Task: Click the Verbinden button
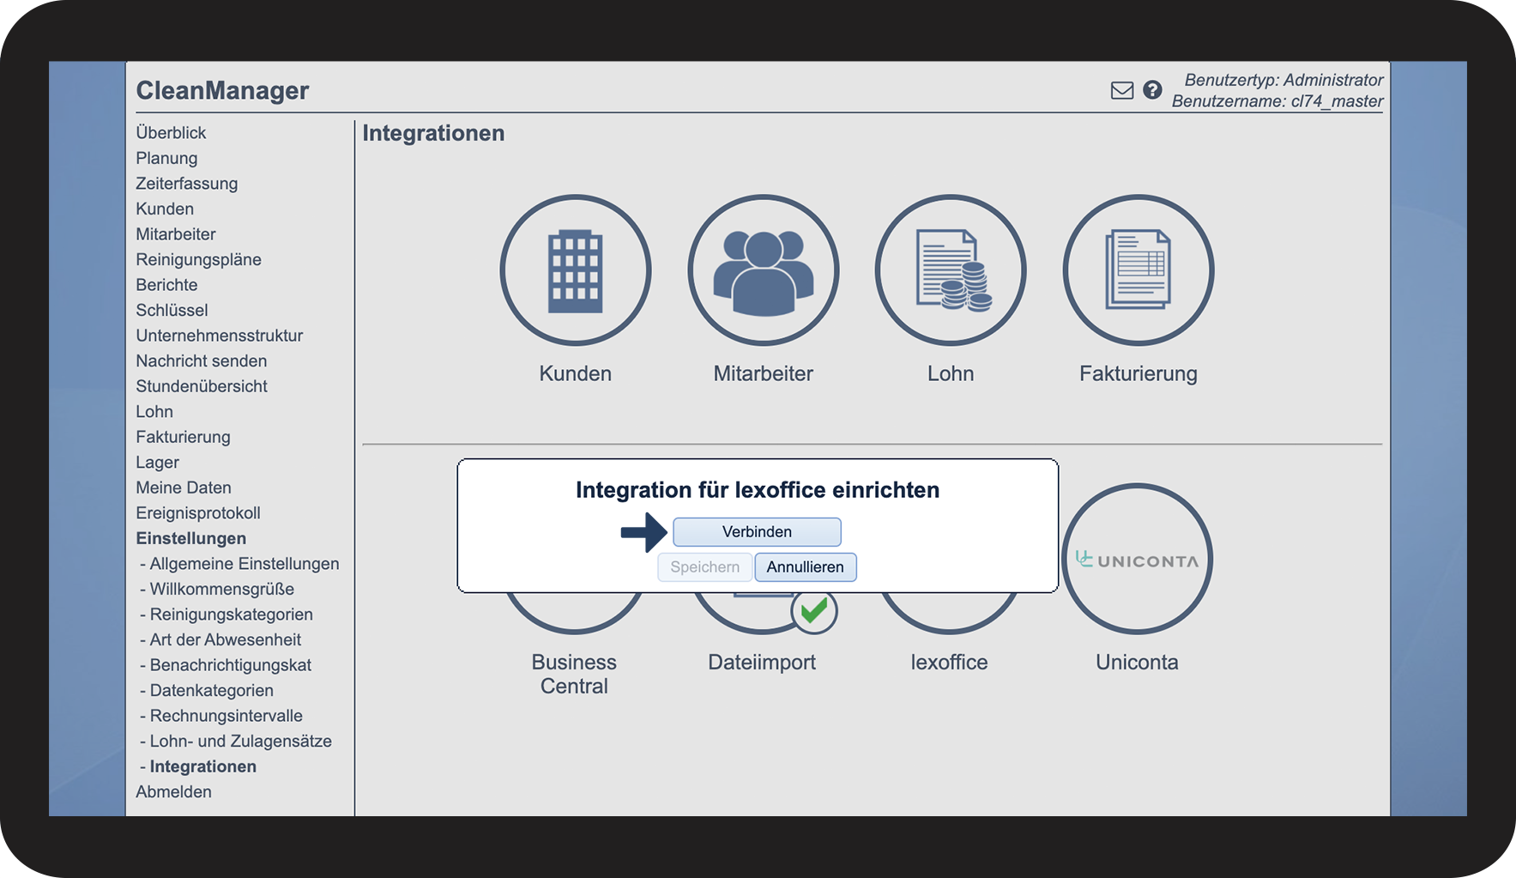[x=757, y=532]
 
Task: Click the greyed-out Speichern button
[x=704, y=567]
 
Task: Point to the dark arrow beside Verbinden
[x=643, y=532]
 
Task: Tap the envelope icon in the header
[x=1122, y=90]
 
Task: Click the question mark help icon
[x=1152, y=89]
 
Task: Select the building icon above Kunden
[x=575, y=270]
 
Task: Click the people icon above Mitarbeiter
[x=763, y=270]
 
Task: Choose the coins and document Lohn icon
[x=952, y=269]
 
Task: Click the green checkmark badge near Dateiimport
[x=813, y=611]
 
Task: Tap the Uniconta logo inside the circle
[x=1137, y=560]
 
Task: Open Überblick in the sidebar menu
[x=171, y=133]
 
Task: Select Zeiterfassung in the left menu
[x=187, y=184]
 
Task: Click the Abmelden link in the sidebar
[x=173, y=792]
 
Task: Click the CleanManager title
[x=222, y=90]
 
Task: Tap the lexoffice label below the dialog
[x=949, y=663]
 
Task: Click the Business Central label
[x=574, y=675]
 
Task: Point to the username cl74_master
[x=1337, y=101]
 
